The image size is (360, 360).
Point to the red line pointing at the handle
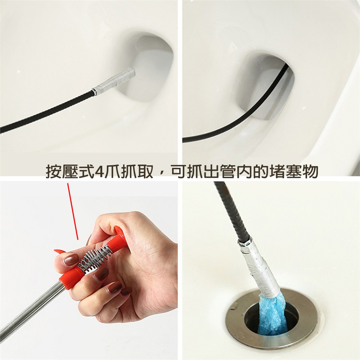point(73,211)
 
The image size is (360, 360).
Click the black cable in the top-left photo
point(46,111)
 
